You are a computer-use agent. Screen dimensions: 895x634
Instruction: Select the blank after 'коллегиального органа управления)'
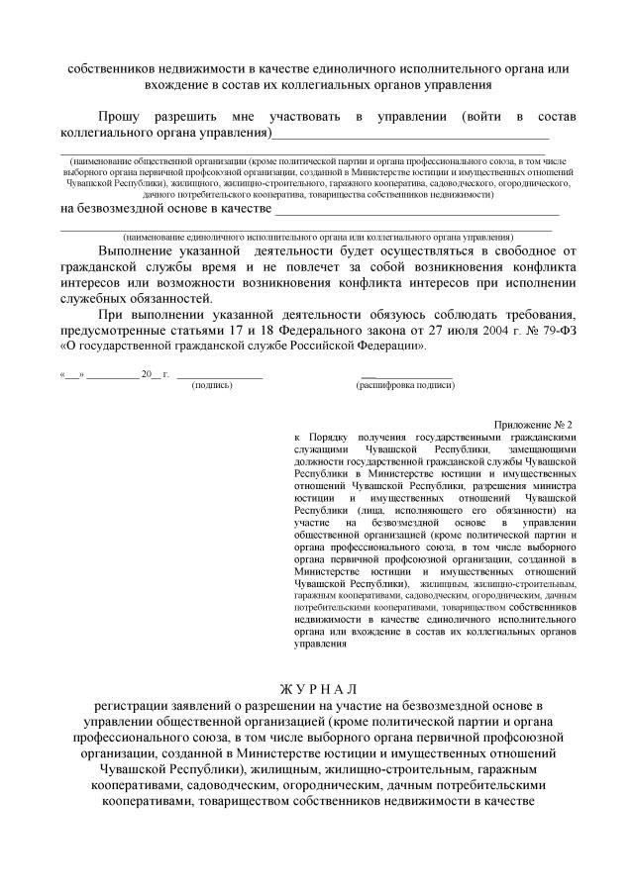coord(410,133)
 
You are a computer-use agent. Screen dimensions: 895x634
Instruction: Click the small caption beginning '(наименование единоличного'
coord(317,238)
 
